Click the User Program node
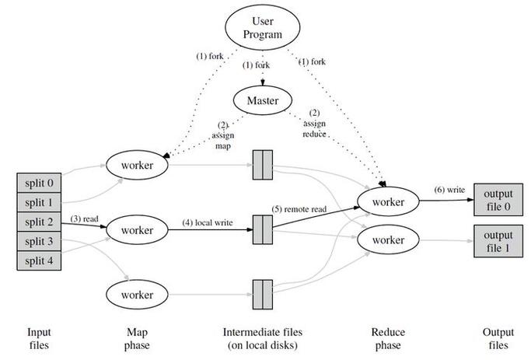[x=263, y=27]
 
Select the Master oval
[x=263, y=100]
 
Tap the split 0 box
[x=39, y=183]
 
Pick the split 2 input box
[x=39, y=222]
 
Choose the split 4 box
[x=39, y=260]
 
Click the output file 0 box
[x=498, y=200]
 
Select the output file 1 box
[x=498, y=241]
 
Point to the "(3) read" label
[x=84, y=218]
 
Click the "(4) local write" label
[x=208, y=222]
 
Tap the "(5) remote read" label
[x=299, y=209]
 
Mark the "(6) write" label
[x=449, y=190]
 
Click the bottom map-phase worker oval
[x=137, y=295]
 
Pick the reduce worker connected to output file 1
[x=388, y=239]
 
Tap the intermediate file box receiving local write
[x=263, y=229]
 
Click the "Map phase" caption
[x=137, y=338]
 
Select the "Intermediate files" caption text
[x=263, y=332]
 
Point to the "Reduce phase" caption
[x=388, y=338]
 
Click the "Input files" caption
[x=39, y=338]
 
